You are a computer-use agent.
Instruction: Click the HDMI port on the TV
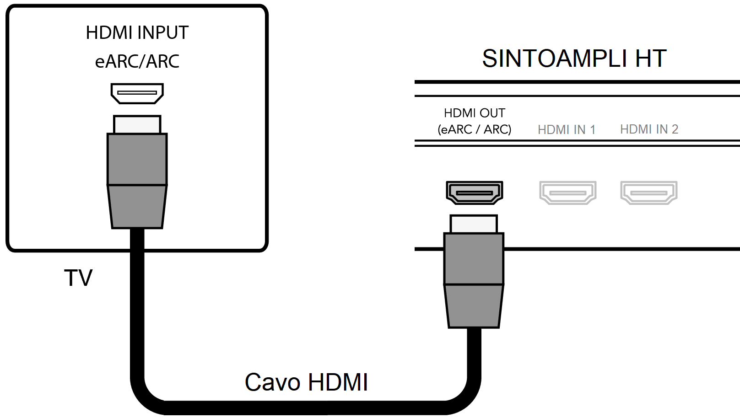137,93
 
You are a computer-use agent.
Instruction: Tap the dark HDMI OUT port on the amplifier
475,192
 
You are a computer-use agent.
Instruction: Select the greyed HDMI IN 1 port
567,192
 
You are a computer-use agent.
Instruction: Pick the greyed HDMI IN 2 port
649,192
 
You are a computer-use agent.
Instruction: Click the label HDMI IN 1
567,130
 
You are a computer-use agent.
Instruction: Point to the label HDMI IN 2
649,129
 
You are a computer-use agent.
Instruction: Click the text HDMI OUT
475,113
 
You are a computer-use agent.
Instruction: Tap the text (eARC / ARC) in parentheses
475,129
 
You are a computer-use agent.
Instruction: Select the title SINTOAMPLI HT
574,59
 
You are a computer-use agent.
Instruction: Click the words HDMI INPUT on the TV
137,33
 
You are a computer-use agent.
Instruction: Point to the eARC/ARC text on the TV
137,61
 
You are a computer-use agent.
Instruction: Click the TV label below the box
78,278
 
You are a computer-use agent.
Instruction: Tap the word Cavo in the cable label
272,382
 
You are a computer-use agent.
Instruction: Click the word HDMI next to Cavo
338,382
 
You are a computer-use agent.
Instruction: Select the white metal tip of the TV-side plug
137,124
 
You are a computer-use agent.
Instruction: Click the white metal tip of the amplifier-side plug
474,224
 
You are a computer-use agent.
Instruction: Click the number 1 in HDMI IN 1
593,130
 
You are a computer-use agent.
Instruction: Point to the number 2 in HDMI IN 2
675,129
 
